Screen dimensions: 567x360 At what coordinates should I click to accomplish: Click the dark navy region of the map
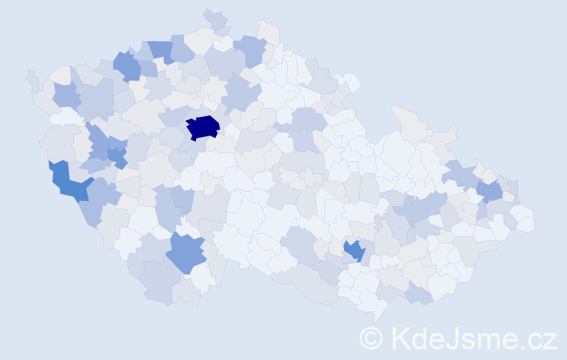(203, 127)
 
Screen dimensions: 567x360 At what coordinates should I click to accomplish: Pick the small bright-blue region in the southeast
(354, 251)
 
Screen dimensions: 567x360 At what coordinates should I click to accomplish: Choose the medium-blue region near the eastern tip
(490, 191)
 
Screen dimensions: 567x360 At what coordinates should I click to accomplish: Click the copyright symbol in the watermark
(372, 337)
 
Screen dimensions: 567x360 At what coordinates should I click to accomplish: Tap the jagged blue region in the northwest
(127, 66)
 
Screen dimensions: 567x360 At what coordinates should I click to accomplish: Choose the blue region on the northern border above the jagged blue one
(160, 50)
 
